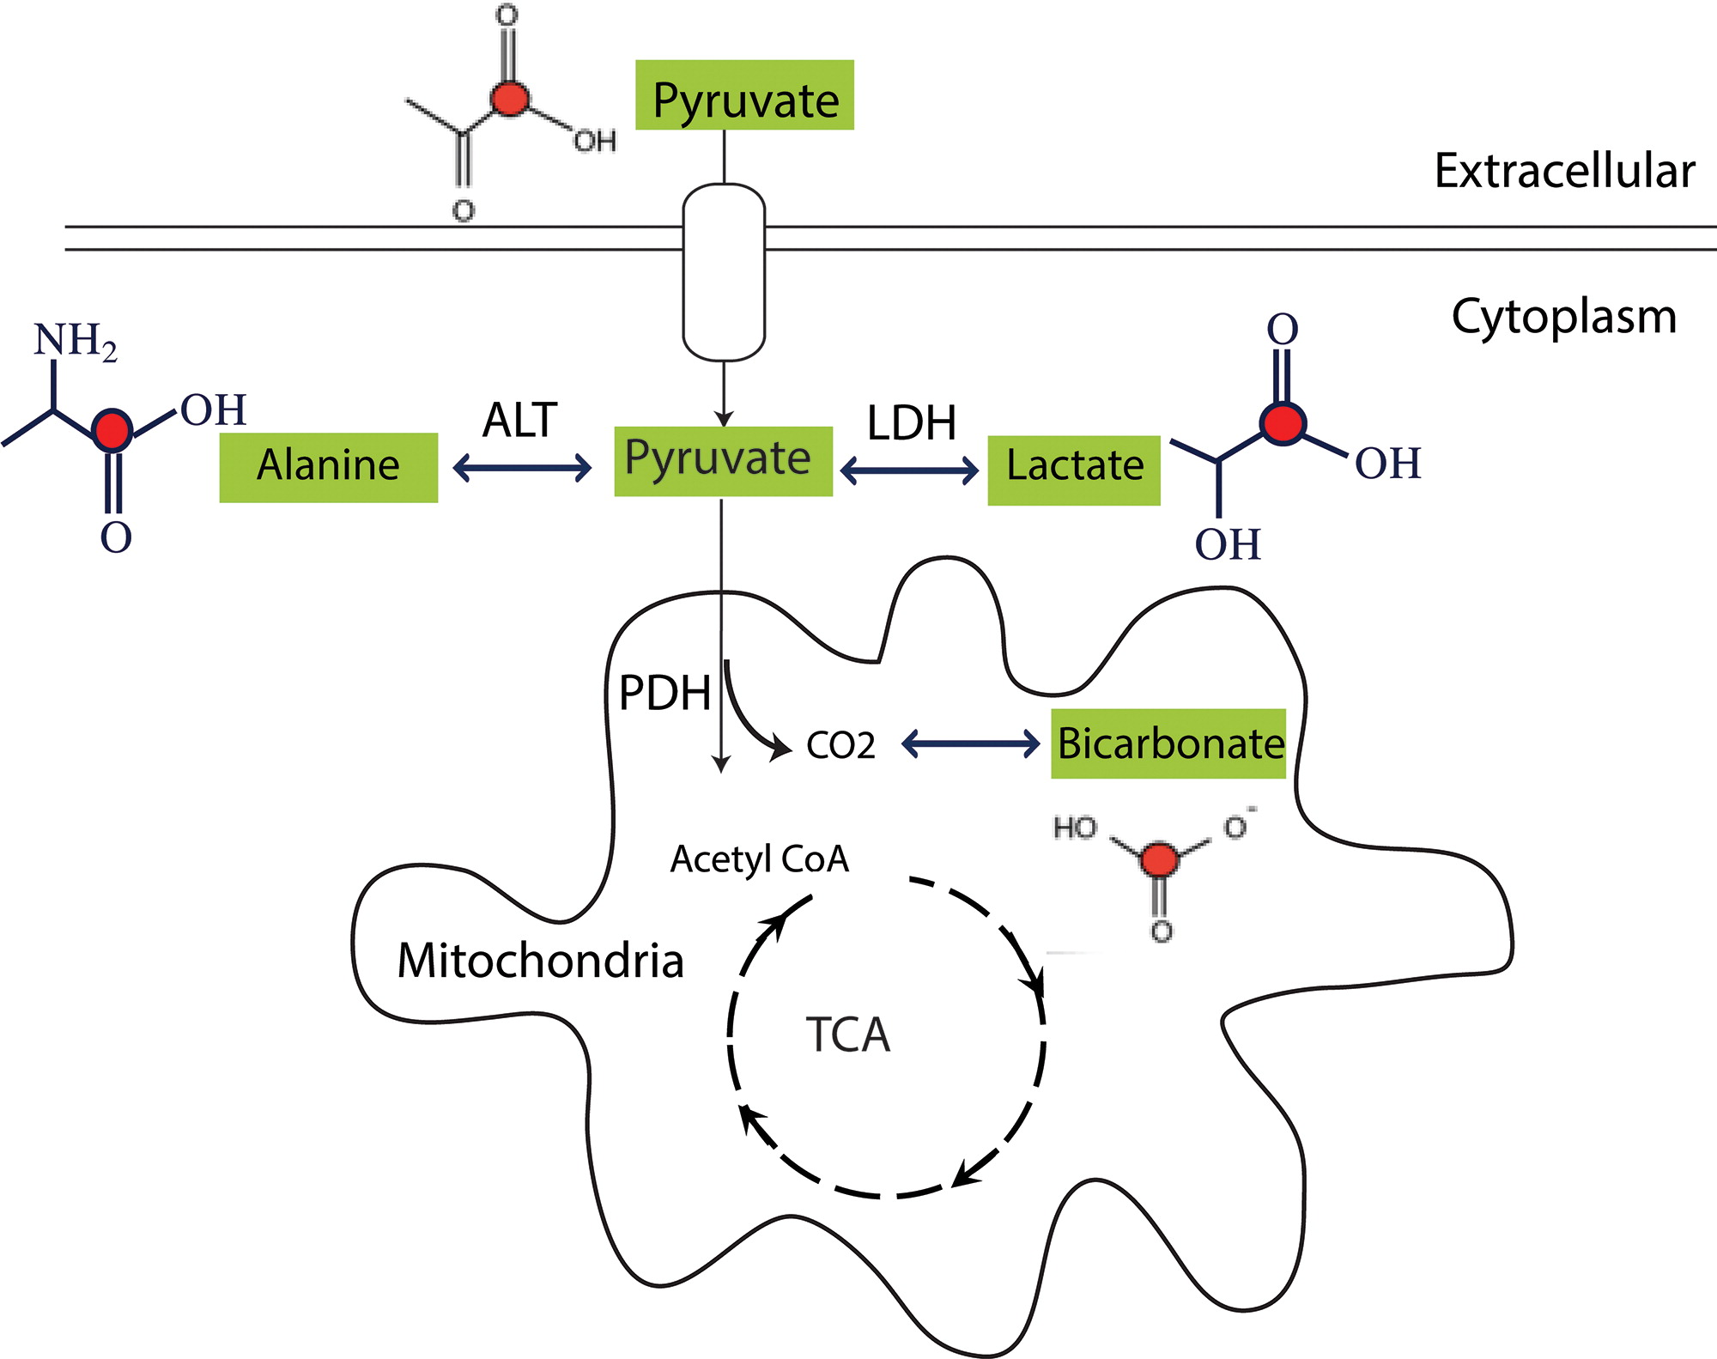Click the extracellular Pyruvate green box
click(x=744, y=95)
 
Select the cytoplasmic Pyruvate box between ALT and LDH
click(x=723, y=461)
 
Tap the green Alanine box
click(x=328, y=467)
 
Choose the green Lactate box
click(x=1074, y=470)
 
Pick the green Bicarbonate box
click(x=1168, y=743)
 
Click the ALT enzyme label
click(x=520, y=421)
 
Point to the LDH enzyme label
click(x=912, y=423)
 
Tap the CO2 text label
click(x=840, y=745)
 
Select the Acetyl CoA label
click(x=760, y=859)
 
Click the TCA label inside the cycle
click(x=847, y=1034)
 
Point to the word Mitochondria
click(x=540, y=961)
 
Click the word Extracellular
click(x=1564, y=171)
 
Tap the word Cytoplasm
click(x=1563, y=317)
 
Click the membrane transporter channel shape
click(x=724, y=271)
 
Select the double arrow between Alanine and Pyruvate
click(x=522, y=468)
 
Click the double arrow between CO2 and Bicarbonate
click(x=971, y=743)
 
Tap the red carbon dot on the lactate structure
click(x=1283, y=422)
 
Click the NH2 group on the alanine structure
click(x=75, y=341)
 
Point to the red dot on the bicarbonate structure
click(x=1159, y=858)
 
